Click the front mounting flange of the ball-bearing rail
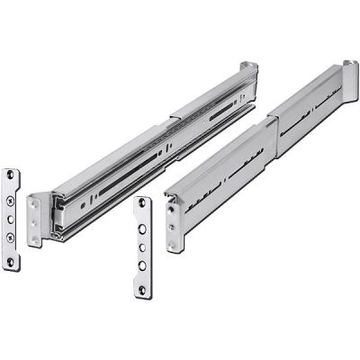pos(34,220)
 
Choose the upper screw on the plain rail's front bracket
pos(170,207)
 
